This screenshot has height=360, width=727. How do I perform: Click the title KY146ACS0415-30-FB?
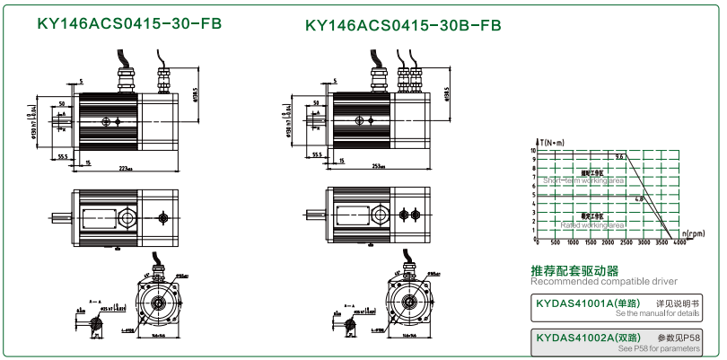click(x=130, y=25)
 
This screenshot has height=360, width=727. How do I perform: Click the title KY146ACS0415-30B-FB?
click(x=403, y=25)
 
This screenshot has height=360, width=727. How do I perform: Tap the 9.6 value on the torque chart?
click(x=619, y=157)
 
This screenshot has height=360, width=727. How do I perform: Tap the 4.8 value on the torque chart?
click(x=639, y=198)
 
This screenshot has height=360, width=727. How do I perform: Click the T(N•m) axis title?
click(x=554, y=143)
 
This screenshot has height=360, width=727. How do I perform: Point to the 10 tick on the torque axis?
click(x=532, y=151)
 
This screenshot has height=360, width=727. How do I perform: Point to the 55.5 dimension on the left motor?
click(x=64, y=156)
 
